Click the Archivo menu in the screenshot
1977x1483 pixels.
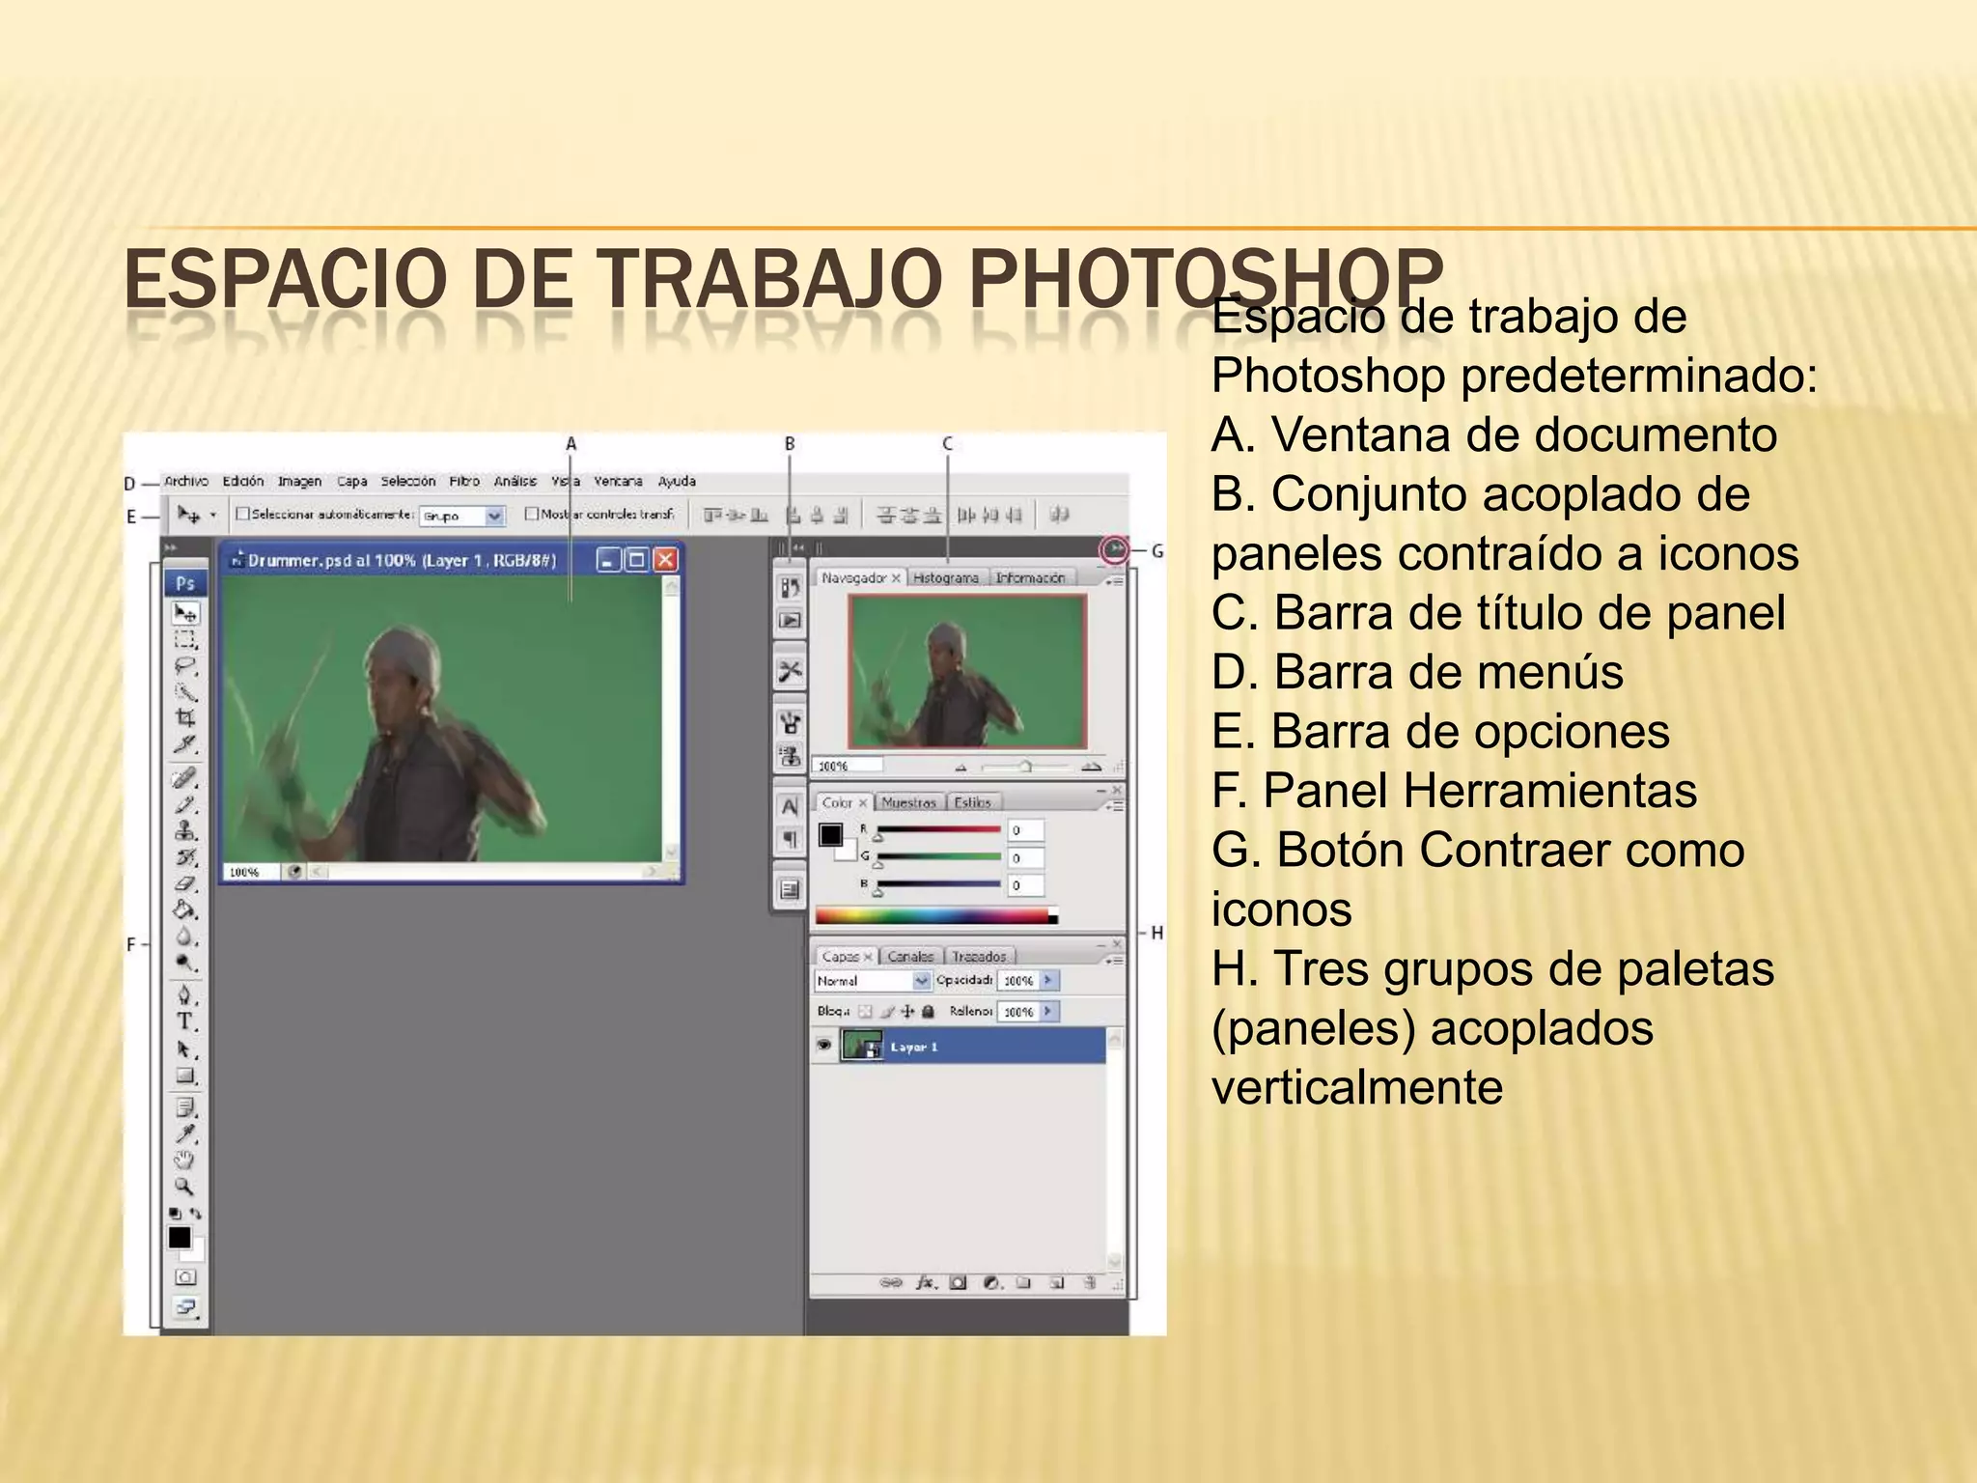click(x=186, y=481)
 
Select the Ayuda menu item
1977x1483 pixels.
click(x=677, y=481)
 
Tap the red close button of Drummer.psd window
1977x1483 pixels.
click(x=665, y=560)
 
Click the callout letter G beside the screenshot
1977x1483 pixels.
click(x=1157, y=551)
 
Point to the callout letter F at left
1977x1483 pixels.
click(x=131, y=944)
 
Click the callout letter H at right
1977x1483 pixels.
click(x=1156, y=933)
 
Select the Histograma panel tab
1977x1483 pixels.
click(x=945, y=577)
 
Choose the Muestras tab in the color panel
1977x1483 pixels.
click(x=908, y=802)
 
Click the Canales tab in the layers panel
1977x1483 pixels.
click(x=910, y=956)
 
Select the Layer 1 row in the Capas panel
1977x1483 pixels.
click(x=965, y=1047)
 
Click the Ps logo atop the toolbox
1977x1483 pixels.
click(x=185, y=583)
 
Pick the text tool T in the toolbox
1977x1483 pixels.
click(x=184, y=1021)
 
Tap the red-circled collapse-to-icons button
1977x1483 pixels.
click(x=1115, y=550)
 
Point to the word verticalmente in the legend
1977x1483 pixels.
click(x=1357, y=1088)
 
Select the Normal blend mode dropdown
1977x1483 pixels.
click(x=872, y=981)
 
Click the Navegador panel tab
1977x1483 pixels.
click(x=855, y=577)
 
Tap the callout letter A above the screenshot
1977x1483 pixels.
click(x=571, y=444)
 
